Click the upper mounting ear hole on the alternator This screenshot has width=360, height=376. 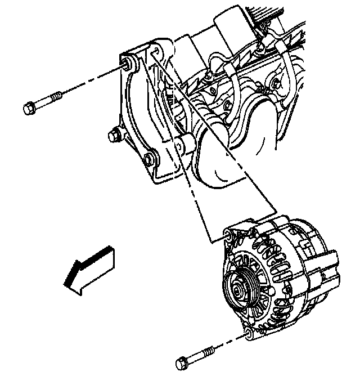point(227,235)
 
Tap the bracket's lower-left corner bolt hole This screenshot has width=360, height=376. point(148,159)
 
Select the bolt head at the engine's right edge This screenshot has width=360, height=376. point(275,84)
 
